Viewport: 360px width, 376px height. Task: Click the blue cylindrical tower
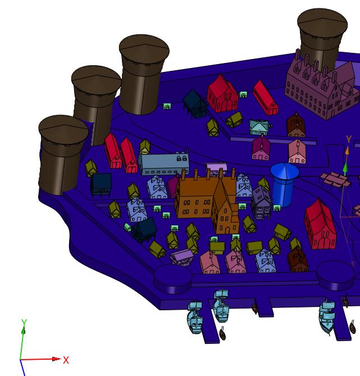pyautogui.click(x=284, y=185)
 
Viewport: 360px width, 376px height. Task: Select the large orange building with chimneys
pyautogui.click(x=206, y=201)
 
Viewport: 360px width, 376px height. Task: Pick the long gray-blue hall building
pyautogui.click(x=163, y=163)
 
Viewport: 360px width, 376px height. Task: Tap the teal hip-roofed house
pyautogui.click(x=259, y=126)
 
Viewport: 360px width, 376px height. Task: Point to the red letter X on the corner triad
pyautogui.click(x=66, y=360)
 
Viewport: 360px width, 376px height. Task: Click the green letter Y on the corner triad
pyautogui.click(x=24, y=323)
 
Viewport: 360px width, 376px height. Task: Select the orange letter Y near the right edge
pyautogui.click(x=349, y=139)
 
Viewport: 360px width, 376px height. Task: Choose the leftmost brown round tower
pyautogui.click(x=62, y=153)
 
